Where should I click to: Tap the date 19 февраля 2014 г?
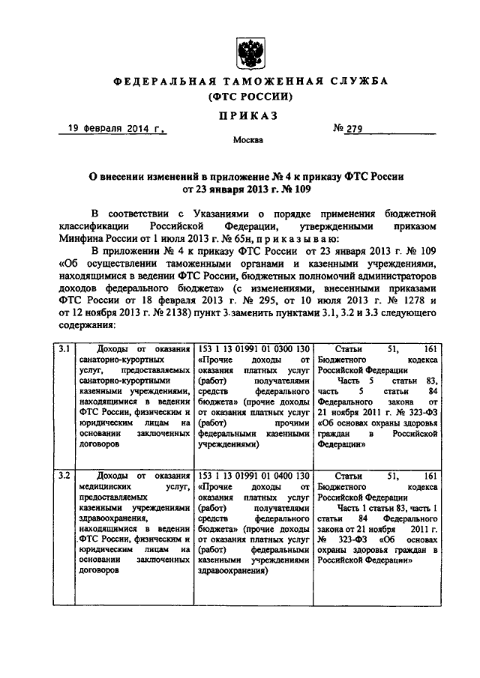coord(112,130)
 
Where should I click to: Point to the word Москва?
coord(247,139)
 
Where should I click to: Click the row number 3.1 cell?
coord(65,350)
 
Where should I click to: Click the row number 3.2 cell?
coord(65,475)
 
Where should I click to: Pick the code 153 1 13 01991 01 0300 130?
coord(251,350)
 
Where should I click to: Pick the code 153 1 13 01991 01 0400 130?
coord(251,475)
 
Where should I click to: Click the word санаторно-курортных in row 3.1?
coord(113,360)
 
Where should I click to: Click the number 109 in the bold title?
coord(304,190)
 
